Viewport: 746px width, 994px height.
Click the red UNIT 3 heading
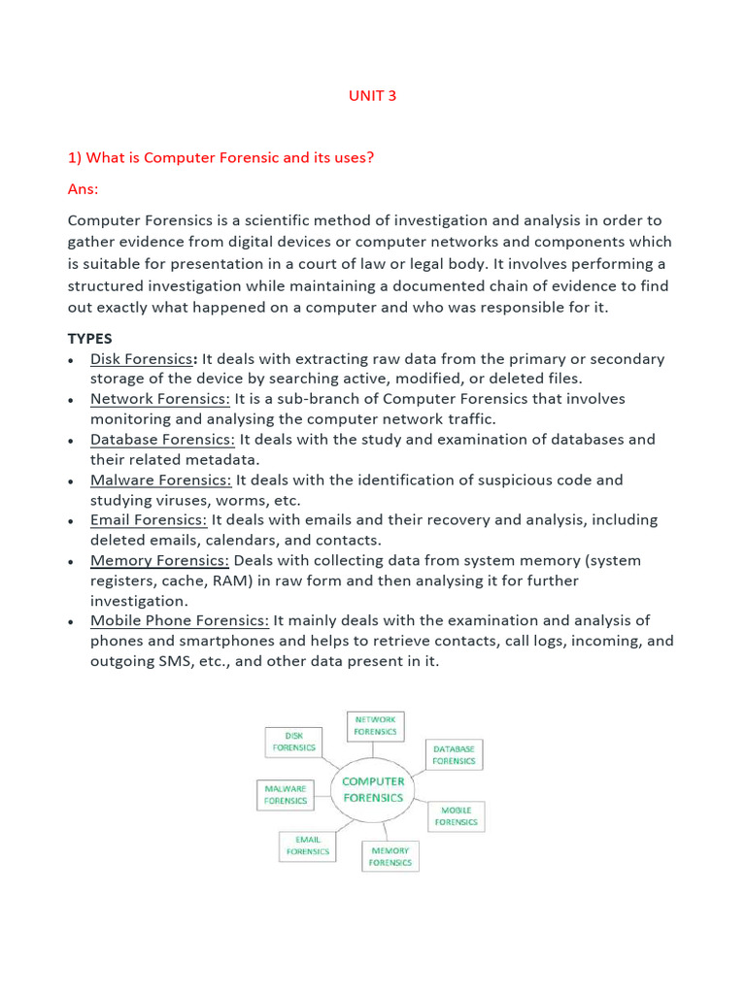[372, 96]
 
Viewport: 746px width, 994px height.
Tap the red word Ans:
[84, 188]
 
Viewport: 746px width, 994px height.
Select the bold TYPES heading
[89, 339]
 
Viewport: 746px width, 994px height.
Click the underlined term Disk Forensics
[142, 359]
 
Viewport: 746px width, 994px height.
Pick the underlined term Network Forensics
[160, 399]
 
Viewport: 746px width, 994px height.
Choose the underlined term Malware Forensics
[161, 480]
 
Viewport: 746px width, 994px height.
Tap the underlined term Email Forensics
[149, 520]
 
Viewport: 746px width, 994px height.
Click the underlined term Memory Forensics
[159, 560]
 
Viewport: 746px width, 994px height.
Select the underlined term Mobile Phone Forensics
[180, 620]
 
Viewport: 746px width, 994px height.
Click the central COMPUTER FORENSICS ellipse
[373, 788]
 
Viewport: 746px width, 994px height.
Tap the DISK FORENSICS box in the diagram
[293, 742]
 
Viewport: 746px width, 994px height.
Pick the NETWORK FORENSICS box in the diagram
[375, 725]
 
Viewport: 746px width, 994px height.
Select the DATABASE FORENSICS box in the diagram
[454, 755]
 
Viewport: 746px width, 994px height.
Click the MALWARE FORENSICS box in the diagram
[286, 794]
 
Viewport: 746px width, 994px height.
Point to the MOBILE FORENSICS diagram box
[456, 815]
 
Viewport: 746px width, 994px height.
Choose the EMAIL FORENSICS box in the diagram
[307, 845]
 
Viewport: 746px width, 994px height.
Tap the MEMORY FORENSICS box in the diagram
[390, 856]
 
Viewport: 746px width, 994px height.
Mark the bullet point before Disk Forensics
[73, 360]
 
